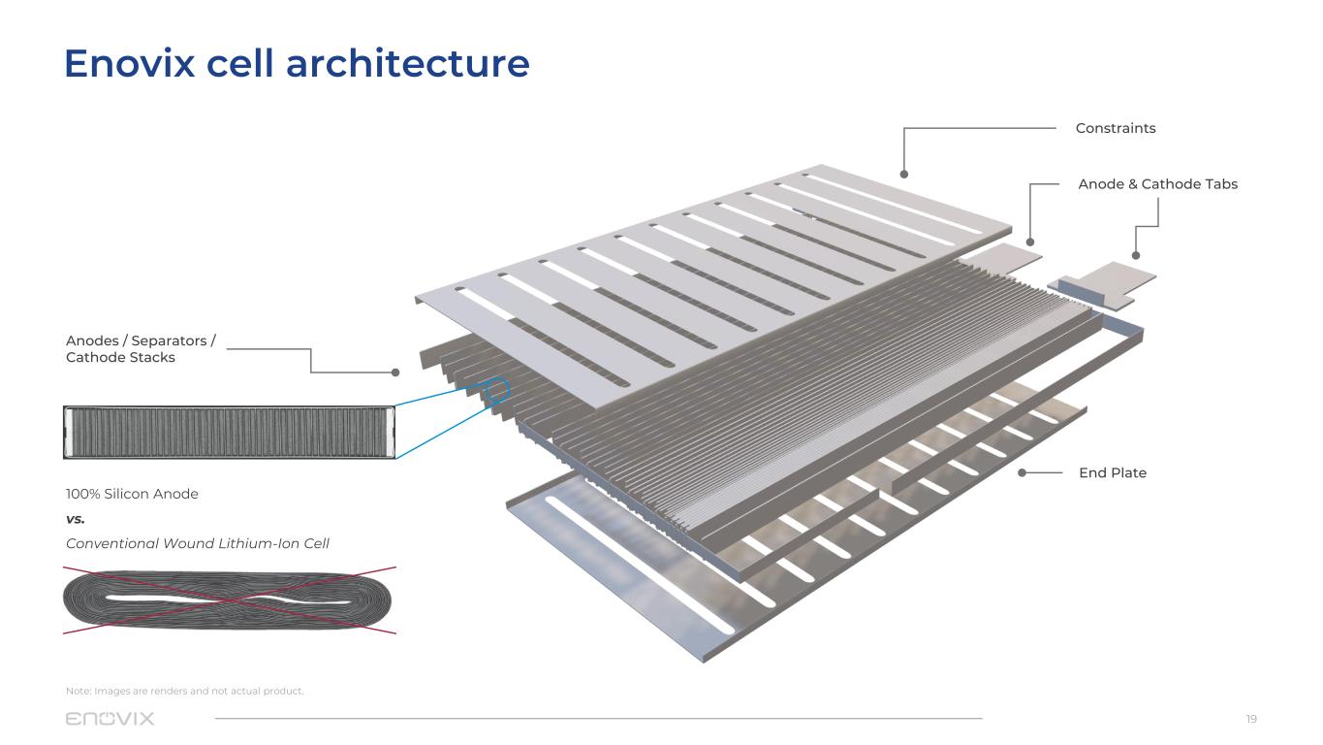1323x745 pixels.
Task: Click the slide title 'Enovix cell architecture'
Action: (x=297, y=64)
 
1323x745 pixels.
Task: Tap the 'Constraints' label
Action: (x=1115, y=128)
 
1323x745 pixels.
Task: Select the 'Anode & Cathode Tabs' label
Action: (x=1157, y=184)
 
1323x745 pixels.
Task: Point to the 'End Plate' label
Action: (x=1112, y=473)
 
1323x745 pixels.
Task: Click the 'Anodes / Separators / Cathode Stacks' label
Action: (x=141, y=349)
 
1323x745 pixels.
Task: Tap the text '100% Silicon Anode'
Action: (x=132, y=494)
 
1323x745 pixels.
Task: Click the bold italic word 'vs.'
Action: (x=76, y=519)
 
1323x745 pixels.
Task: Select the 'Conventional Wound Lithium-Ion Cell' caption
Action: (x=198, y=543)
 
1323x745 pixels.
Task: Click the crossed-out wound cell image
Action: (x=229, y=599)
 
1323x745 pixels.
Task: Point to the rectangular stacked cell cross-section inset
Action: (x=229, y=432)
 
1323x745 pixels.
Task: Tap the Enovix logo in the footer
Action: (x=110, y=719)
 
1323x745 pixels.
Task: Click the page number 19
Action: (x=1250, y=719)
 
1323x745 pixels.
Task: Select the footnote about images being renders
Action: (x=185, y=691)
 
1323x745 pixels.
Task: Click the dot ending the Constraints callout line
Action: (x=903, y=175)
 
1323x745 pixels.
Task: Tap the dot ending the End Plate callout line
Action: (x=1022, y=473)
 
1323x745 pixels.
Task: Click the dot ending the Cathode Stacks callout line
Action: (x=395, y=372)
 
